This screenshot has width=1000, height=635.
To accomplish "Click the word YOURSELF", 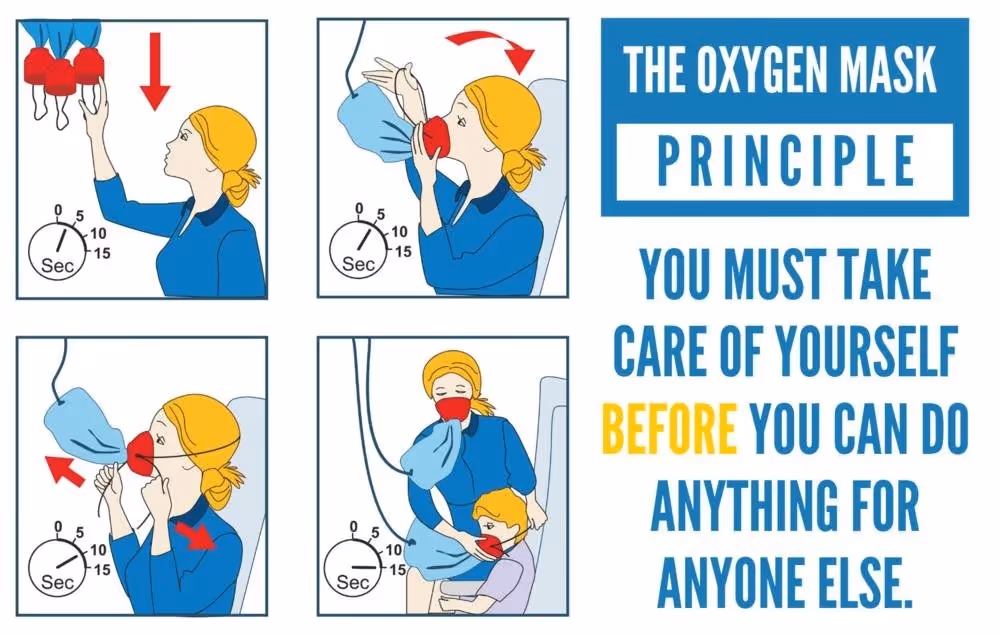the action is click(x=866, y=352).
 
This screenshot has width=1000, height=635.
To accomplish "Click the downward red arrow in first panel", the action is click(x=155, y=71).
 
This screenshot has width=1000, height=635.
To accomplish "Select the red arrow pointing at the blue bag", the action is click(x=66, y=470).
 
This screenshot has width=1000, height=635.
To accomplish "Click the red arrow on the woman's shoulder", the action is click(x=196, y=534).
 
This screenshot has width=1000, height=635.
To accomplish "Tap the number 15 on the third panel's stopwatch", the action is click(x=101, y=569).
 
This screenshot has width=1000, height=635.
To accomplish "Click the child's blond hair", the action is click(x=501, y=507).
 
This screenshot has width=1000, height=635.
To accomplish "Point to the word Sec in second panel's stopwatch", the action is click(x=358, y=263).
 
